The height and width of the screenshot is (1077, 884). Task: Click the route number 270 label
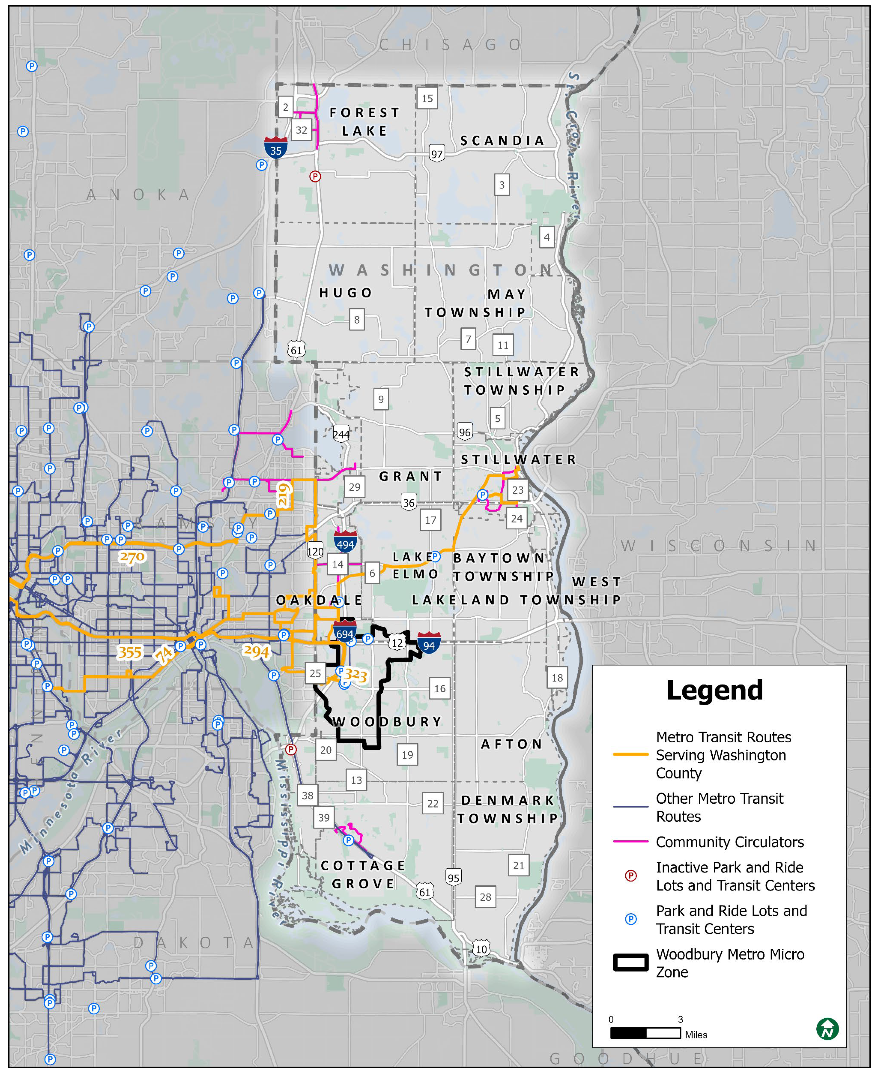pyautogui.click(x=132, y=557)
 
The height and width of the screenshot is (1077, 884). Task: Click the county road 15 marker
pyautogui.click(x=427, y=98)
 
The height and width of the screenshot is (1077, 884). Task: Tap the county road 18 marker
pyautogui.click(x=557, y=678)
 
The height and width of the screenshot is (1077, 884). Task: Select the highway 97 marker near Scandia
pyautogui.click(x=436, y=154)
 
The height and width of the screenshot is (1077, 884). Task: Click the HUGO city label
pyautogui.click(x=346, y=293)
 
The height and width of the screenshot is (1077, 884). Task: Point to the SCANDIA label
pyautogui.click(x=502, y=141)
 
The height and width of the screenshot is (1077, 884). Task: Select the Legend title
pyautogui.click(x=714, y=690)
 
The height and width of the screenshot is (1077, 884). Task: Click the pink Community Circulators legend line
pyautogui.click(x=630, y=841)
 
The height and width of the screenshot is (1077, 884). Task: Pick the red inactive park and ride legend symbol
pyautogui.click(x=630, y=875)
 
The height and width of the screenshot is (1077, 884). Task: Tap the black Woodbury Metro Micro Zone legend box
pyautogui.click(x=630, y=962)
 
